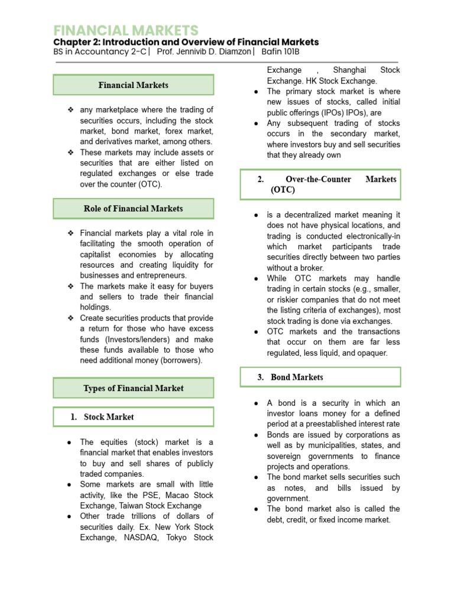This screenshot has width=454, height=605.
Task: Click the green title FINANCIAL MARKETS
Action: coord(126,30)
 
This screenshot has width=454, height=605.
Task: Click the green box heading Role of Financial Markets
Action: coord(133,209)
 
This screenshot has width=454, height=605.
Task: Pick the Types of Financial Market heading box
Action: coord(133,388)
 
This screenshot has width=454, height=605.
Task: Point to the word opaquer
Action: coord(370,353)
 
